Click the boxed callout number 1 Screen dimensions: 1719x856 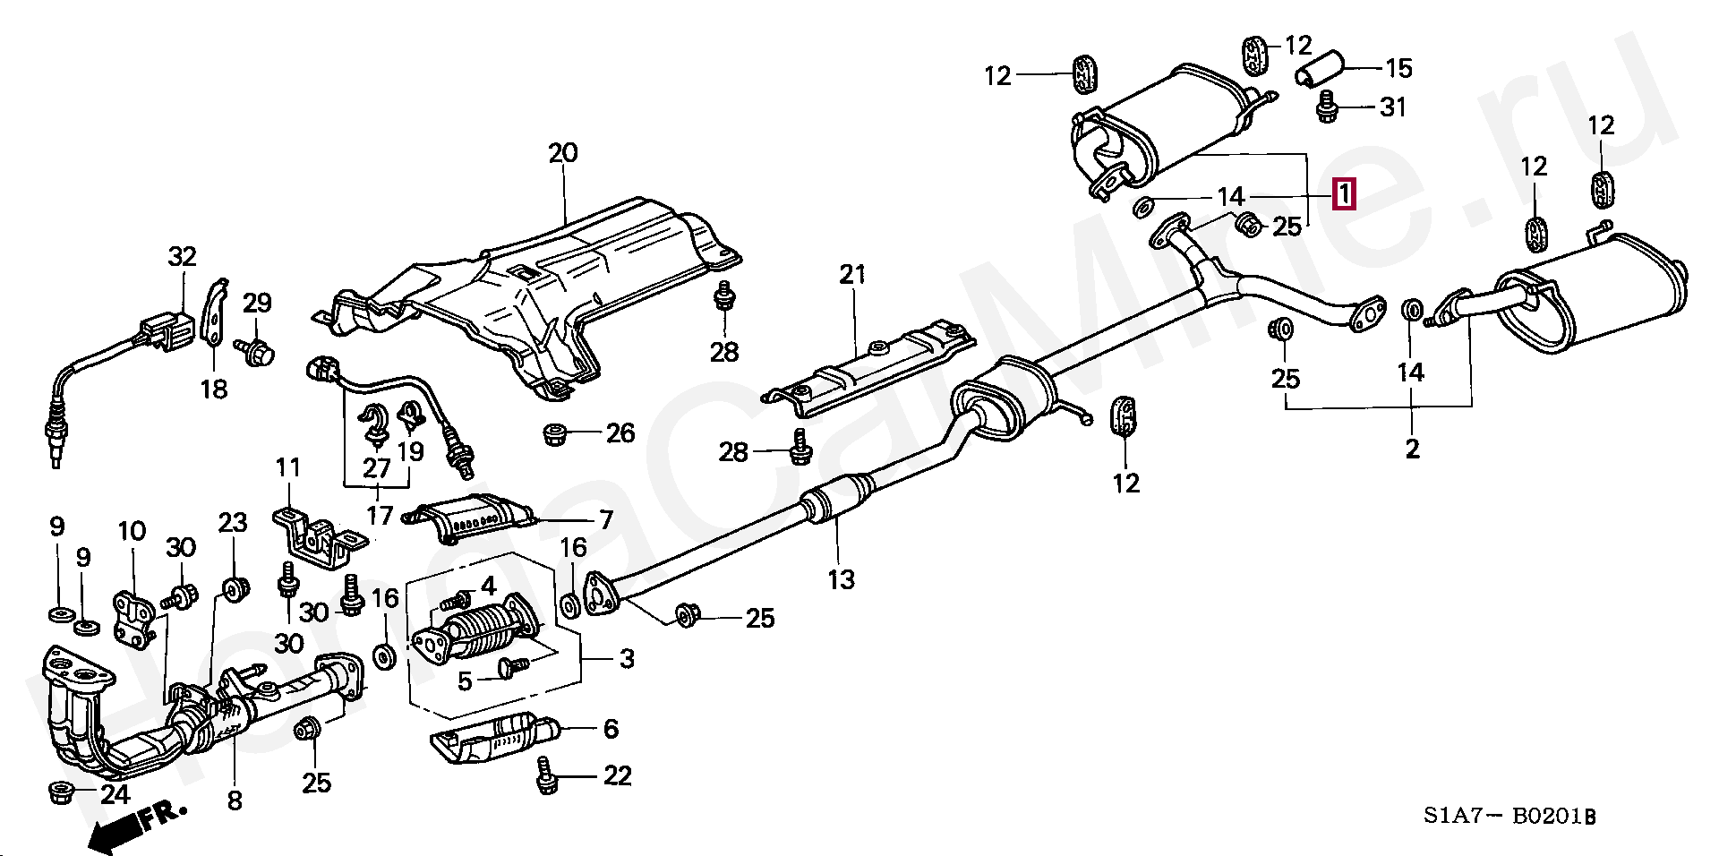(1344, 194)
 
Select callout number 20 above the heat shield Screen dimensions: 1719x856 (563, 153)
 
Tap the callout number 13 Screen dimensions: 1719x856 (841, 580)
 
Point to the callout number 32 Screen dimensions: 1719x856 (182, 257)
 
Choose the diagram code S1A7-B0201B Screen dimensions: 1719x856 (1510, 816)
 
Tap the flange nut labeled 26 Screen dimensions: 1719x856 (556, 435)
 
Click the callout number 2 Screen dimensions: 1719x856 (1412, 449)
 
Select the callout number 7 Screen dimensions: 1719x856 (606, 520)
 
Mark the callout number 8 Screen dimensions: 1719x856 (235, 800)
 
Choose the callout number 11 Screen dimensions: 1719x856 (287, 467)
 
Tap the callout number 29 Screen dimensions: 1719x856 (257, 303)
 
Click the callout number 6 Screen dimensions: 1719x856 (611, 729)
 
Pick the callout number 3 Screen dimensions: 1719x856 (627, 659)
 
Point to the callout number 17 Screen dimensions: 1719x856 (380, 516)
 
